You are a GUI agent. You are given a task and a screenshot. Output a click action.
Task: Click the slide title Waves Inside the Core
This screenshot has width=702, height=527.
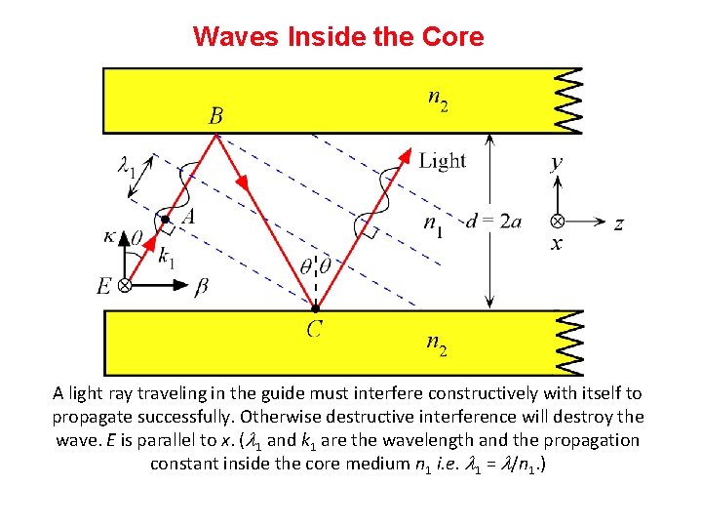point(337,37)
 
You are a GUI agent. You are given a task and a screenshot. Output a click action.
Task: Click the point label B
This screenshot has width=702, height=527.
point(216,116)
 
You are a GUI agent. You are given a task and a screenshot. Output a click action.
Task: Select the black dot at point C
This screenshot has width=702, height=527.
point(314,308)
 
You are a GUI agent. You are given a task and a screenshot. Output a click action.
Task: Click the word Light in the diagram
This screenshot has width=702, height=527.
point(443,161)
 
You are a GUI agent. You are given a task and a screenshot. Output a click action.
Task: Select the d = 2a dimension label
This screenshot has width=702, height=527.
point(493,222)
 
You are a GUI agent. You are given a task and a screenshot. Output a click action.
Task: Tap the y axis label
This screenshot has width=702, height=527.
point(557,164)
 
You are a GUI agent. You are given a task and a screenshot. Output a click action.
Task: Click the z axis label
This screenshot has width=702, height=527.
point(618,223)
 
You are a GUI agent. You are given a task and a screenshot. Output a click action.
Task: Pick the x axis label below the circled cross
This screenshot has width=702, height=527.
point(557,244)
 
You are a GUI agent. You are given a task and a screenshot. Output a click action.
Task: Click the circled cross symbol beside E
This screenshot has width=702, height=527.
point(125,285)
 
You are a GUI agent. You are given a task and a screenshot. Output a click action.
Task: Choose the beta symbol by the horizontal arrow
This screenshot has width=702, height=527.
point(202,286)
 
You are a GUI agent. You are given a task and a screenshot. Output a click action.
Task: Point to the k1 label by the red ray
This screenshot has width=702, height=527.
point(167,259)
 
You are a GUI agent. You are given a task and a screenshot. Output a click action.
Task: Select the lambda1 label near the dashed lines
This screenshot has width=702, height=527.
point(126,169)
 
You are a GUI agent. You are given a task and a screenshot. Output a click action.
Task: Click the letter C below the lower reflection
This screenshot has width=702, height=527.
point(314,329)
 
